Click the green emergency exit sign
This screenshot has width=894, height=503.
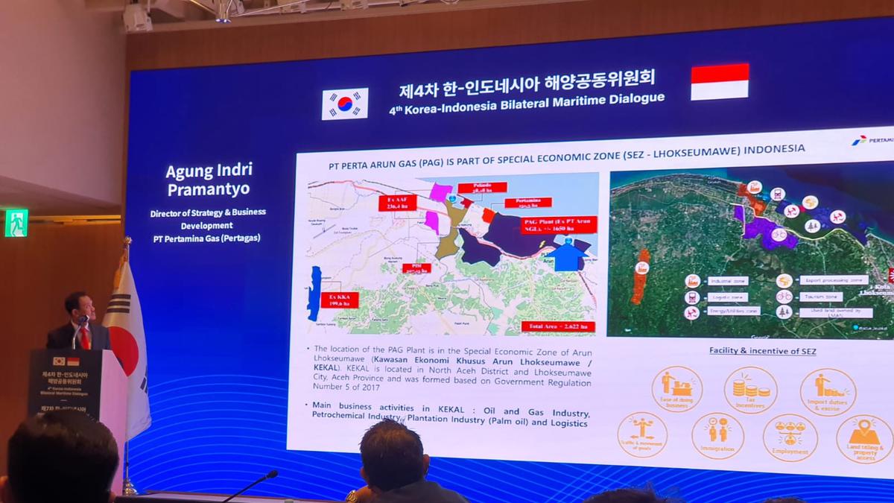tap(16, 223)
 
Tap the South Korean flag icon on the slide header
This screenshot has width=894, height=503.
tap(344, 104)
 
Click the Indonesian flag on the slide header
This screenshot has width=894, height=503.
tap(719, 81)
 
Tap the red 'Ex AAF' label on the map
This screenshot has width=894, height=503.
tap(398, 203)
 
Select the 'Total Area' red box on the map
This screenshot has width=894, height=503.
tap(558, 326)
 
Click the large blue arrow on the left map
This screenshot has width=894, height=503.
tap(568, 255)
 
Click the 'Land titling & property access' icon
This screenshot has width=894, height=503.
tap(864, 438)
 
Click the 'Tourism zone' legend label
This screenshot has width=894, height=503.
tap(821, 297)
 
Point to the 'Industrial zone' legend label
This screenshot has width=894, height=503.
tap(729, 281)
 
